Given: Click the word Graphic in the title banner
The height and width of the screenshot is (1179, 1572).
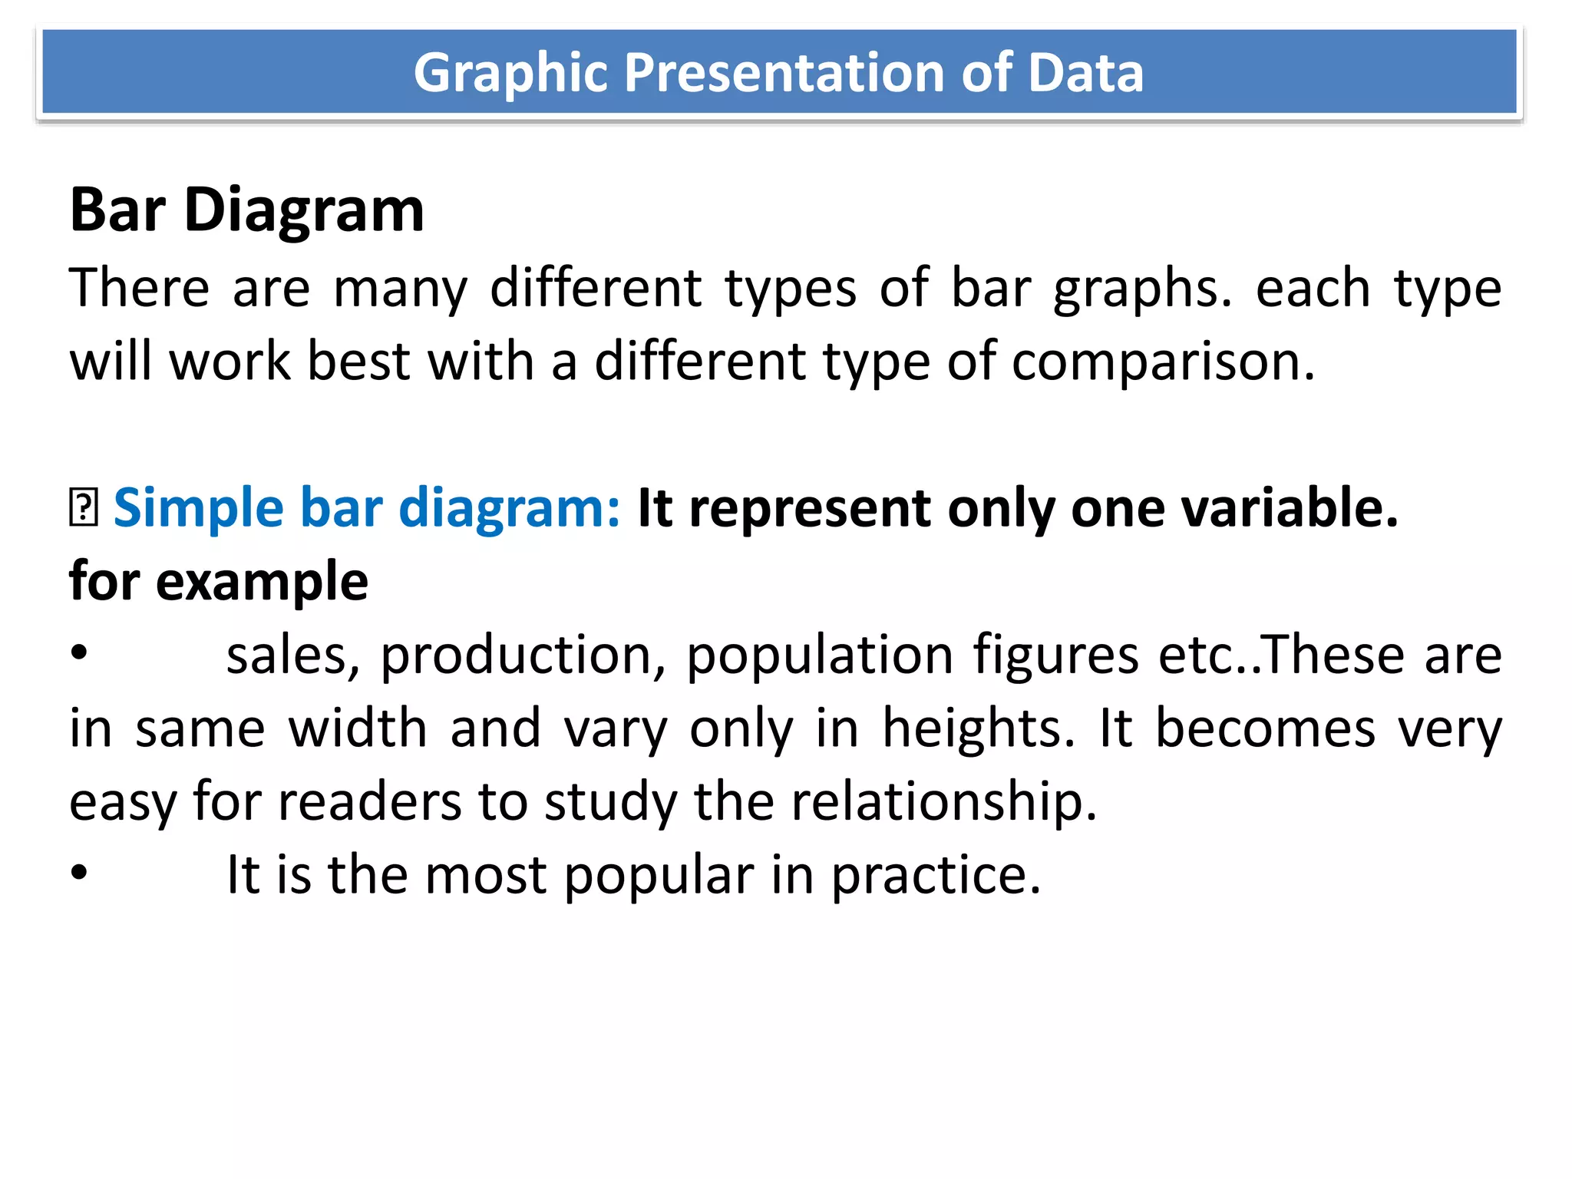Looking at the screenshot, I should click(x=506, y=74).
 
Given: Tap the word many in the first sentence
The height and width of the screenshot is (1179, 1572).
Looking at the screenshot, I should click(x=400, y=290).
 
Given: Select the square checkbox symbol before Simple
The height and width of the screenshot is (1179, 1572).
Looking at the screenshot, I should click(x=83, y=508).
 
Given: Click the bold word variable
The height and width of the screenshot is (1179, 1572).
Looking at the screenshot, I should click(x=1290, y=508).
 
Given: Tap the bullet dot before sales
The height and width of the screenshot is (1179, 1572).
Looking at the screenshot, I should click(x=79, y=655).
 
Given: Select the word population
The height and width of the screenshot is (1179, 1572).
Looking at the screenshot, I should click(x=819, y=656).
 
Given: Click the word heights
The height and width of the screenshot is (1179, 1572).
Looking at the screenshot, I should click(x=979, y=728).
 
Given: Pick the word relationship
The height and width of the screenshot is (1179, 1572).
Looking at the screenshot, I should click(x=943, y=802).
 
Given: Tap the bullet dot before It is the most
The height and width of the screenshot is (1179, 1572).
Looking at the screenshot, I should click(x=79, y=874).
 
